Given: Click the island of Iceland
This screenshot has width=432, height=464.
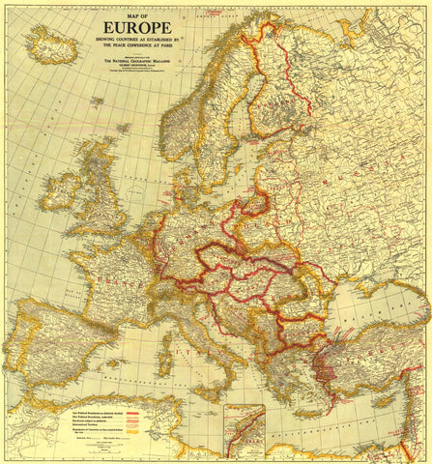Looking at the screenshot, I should point(53,43).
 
